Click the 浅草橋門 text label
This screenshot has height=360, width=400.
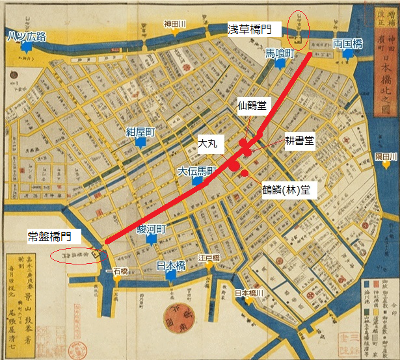coord(254,29)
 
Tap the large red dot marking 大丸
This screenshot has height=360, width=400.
coord(233,165)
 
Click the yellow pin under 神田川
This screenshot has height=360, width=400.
coord(175,32)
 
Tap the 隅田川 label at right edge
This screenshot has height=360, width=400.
coord(386,157)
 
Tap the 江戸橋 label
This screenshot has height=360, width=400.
coord(210,257)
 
